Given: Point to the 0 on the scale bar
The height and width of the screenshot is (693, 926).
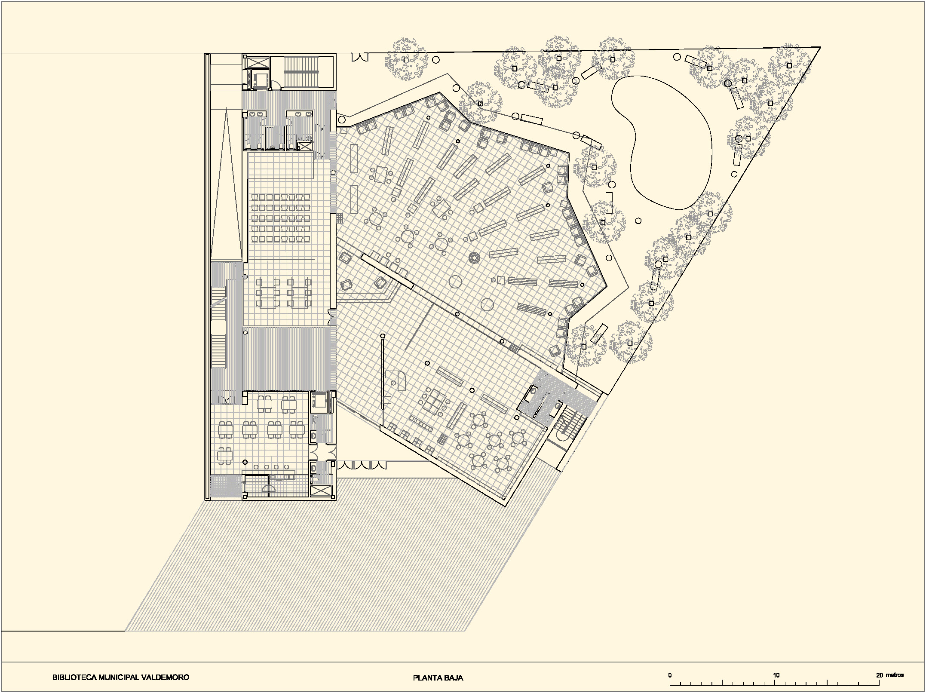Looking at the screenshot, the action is coord(670,675).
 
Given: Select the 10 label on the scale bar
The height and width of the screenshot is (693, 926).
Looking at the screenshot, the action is coord(776,675).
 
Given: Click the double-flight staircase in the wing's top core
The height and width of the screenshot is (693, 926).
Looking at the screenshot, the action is coord(301,72).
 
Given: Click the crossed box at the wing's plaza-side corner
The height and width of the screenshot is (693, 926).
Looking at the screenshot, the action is coord(321,492).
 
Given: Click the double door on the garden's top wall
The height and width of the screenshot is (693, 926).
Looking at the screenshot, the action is coord(361,57).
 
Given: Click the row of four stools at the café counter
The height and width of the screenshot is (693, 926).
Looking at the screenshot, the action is coord(271,467).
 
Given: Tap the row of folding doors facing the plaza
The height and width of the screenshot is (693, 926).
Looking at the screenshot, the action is coord(362,465).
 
